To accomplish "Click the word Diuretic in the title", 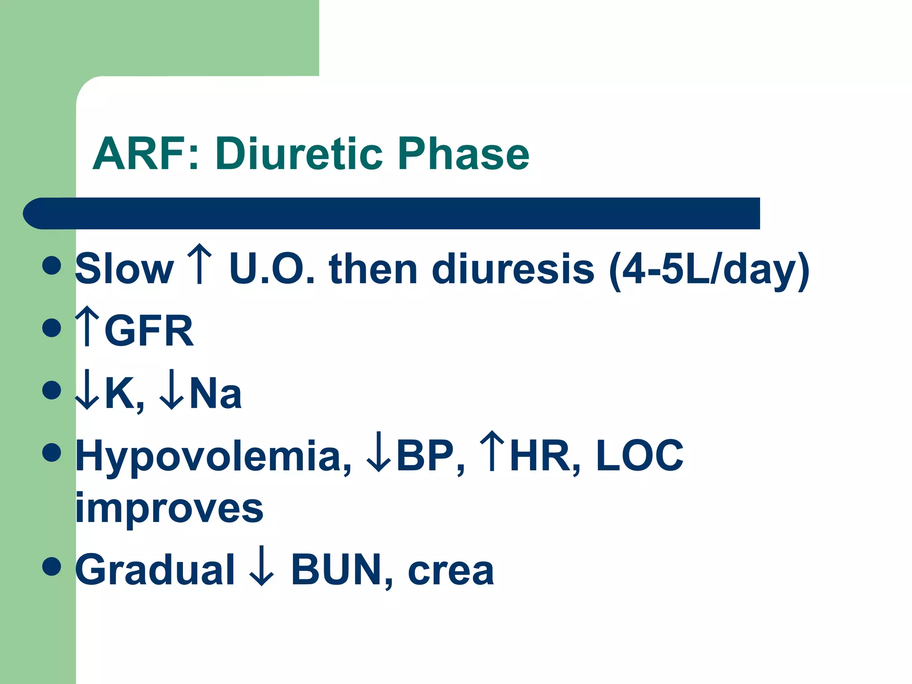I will pyautogui.click(x=299, y=154).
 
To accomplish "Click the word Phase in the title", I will pyautogui.click(x=463, y=154).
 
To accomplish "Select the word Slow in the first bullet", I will pyautogui.click(x=124, y=269).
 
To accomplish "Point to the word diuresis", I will pyautogui.click(x=513, y=269).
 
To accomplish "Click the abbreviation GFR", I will pyautogui.click(x=149, y=330).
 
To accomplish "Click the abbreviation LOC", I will pyautogui.click(x=639, y=455).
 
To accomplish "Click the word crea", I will pyautogui.click(x=450, y=571).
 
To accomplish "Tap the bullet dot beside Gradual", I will pyautogui.click(x=52, y=566).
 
